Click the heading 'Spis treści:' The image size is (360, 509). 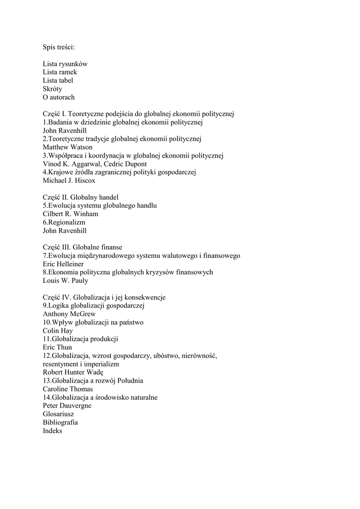(x=59, y=47)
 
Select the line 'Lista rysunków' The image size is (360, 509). (x=65, y=64)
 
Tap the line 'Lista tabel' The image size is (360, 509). (x=59, y=81)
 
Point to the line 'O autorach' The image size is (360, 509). (x=59, y=97)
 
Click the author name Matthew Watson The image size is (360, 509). (x=68, y=147)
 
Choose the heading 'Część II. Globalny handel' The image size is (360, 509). (x=81, y=197)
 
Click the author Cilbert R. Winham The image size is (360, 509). (x=71, y=214)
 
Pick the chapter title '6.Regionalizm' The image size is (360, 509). (x=64, y=222)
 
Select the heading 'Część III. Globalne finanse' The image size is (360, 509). (x=83, y=247)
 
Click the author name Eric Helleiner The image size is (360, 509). (x=63, y=264)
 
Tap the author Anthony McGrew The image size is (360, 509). (x=69, y=314)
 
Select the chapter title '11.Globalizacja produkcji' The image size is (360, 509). (x=81, y=339)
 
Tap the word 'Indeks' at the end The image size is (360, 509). (x=53, y=431)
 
